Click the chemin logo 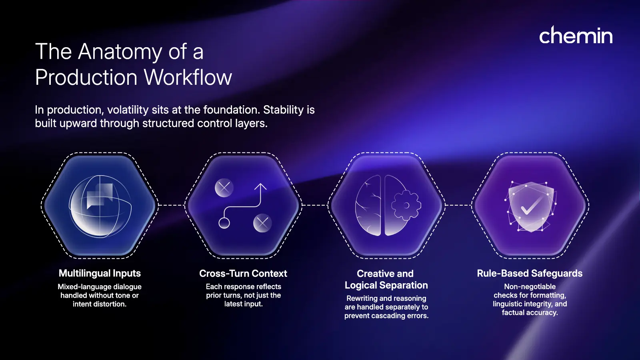[x=576, y=36]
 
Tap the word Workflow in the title [x=188, y=77]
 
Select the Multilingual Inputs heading [x=100, y=273]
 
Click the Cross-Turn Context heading [x=243, y=274]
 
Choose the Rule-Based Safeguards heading [x=530, y=274]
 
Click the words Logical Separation [x=386, y=285]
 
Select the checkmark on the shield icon [x=530, y=206]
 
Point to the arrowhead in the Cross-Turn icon [x=260, y=186]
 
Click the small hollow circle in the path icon [x=224, y=223]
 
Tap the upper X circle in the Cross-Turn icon [x=224, y=187]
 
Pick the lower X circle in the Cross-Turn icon [x=262, y=223]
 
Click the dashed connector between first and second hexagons [x=171, y=205]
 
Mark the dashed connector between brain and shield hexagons [x=458, y=205]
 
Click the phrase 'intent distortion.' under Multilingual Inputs [x=100, y=304]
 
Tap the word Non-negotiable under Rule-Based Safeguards [x=530, y=286]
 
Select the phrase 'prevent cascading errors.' [x=386, y=316]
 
